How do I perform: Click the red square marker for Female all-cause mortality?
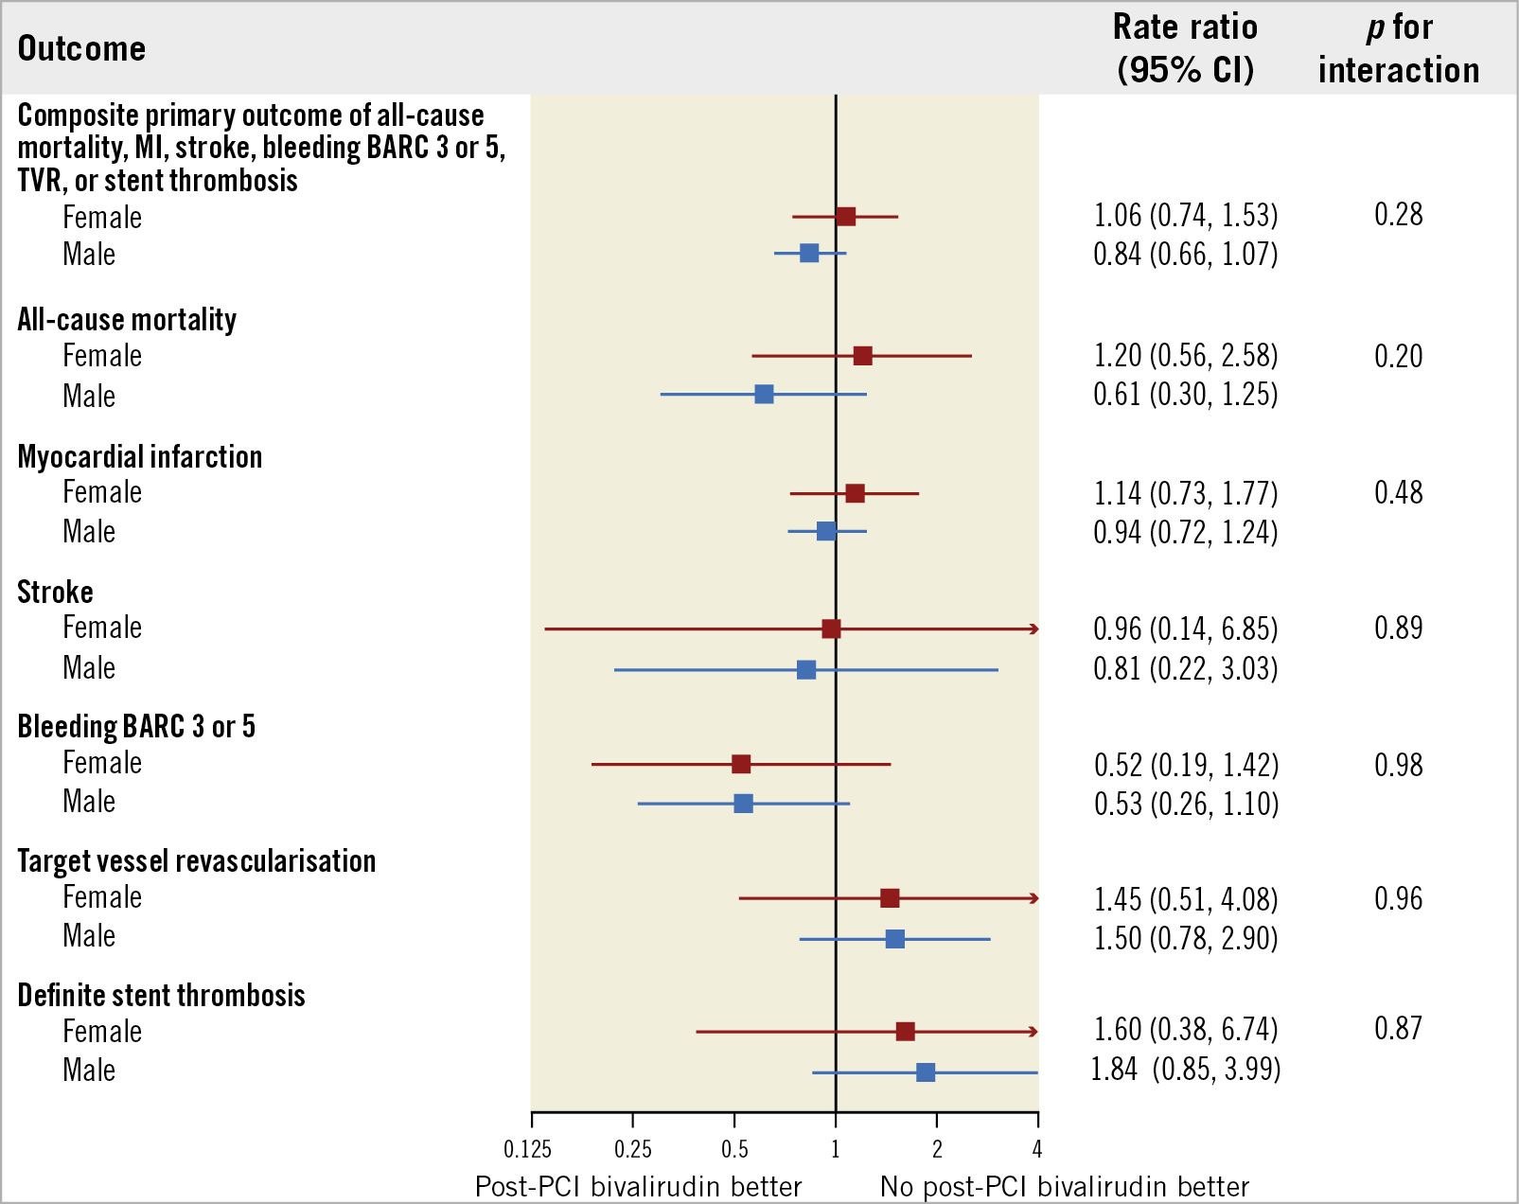click(862, 356)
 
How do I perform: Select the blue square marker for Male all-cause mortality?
click(764, 394)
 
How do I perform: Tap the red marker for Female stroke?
click(831, 629)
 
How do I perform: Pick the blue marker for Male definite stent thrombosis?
click(926, 1072)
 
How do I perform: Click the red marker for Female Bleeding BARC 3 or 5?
click(741, 764)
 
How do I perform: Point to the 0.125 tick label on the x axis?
click(528, 1150)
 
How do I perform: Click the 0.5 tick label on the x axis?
click(734, 1150)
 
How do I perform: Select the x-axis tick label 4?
click(1037, 1150)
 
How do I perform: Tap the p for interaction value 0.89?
click(1398, 629)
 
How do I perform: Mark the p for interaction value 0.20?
click(1398, 356)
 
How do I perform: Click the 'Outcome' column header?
click(81, 48)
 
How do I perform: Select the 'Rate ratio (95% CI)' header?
click(1185, 48)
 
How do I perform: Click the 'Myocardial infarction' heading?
click(140, 456)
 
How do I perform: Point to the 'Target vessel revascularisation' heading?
click(197, 860)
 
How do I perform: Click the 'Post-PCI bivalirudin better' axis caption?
click(638, 1186)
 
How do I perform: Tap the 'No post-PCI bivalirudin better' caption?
click(1065, 1186)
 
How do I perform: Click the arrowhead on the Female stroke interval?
click(1034, 629)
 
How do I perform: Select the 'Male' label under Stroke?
click(89, 668)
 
